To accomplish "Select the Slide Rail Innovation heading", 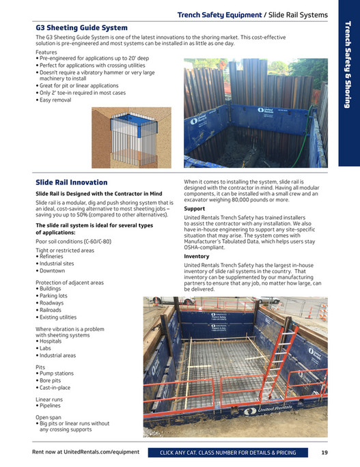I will (x=71, y=182).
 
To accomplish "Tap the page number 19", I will (x=324, y=453).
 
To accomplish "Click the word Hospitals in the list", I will (x=53, y=341).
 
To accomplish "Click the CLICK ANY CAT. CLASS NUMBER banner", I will (x=227, y=453).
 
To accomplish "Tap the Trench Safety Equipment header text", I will (x=218, y=14).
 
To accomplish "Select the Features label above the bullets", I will (x=46, y=53).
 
